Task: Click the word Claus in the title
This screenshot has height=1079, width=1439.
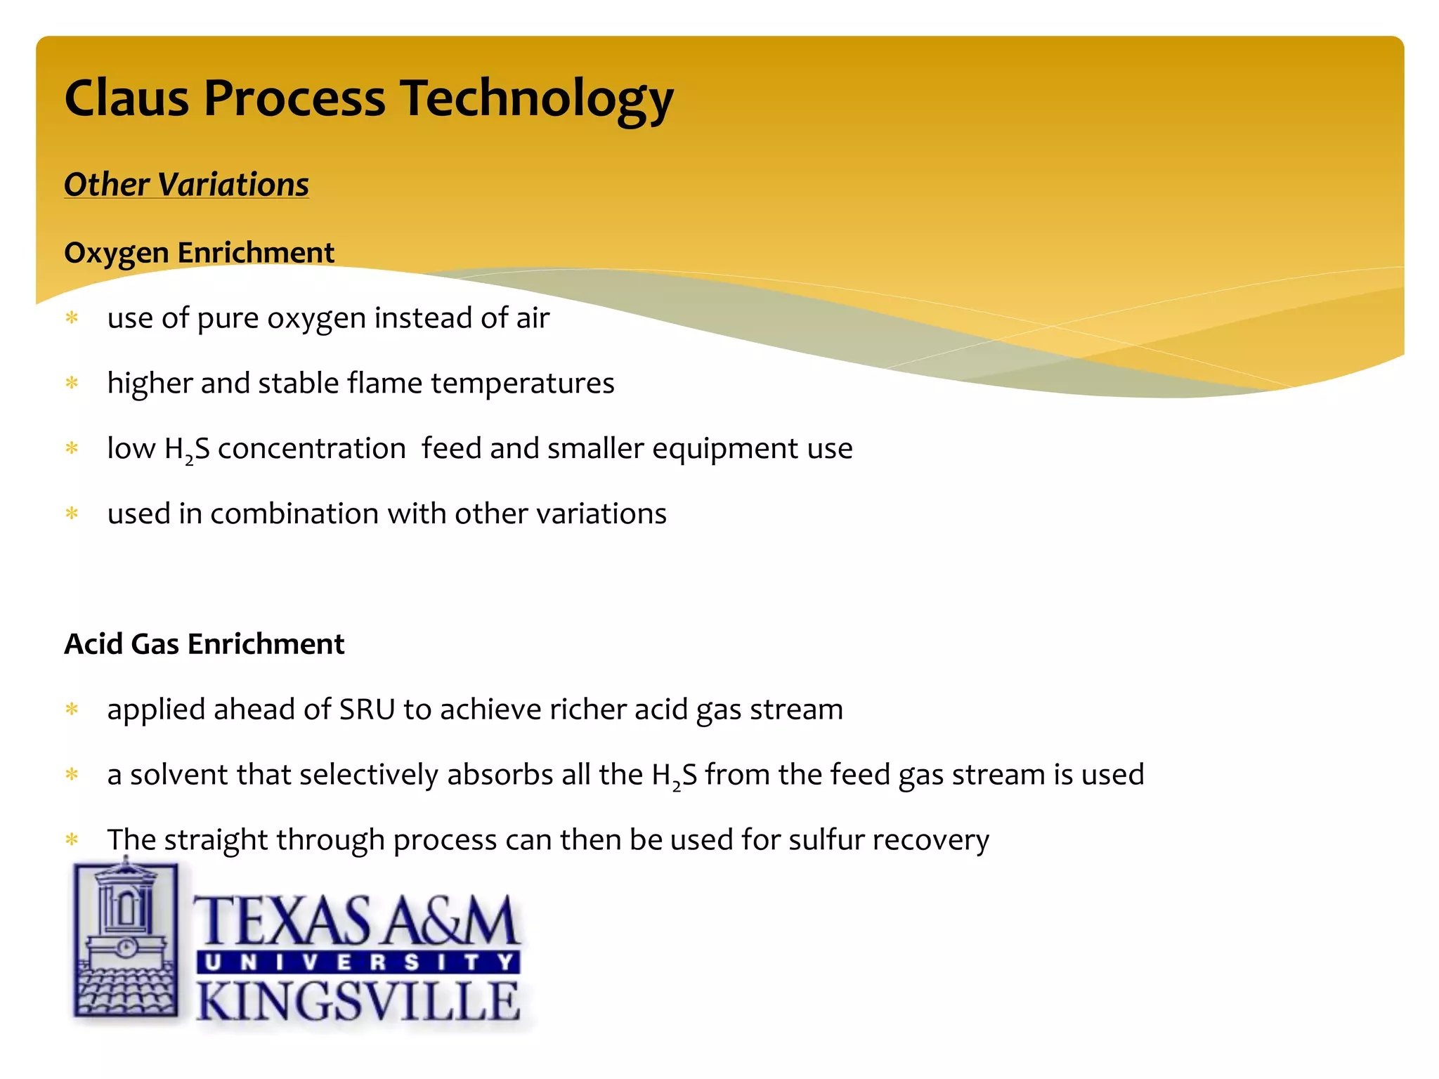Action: [x=126, y=98]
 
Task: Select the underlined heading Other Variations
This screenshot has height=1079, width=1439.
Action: [x=186, y=185]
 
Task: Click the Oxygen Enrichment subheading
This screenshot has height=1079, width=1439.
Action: [x=199, y=253]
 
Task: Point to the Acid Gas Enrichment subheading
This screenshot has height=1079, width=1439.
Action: [x=204, y=644]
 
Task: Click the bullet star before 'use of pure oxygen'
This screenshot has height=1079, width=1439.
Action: [x=72, y=318]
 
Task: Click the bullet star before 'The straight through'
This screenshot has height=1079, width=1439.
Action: [x=72, y=839]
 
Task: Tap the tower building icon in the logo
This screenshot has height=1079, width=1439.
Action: [x=126, y=938]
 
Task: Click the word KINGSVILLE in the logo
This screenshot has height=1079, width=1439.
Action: [x=358, y=1001]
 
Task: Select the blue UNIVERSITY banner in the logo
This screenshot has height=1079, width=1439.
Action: [x=358, y=962]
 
